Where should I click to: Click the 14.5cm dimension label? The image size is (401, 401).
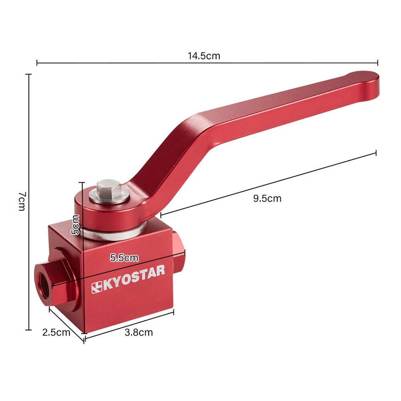(204, 56)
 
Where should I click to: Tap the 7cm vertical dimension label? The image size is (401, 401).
(22, 201)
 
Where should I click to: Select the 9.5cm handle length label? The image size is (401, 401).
(267, 198)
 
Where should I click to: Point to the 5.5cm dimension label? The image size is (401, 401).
(124, 258)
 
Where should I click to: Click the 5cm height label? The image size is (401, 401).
(75, 224)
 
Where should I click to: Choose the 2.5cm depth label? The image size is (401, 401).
(56, 332)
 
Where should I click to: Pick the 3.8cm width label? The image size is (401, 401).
(139, 332)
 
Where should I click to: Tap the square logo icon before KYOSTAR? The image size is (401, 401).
(97, 287)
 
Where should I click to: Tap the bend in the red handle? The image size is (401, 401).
(192, 125)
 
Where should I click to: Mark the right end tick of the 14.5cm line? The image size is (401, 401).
(378, 63)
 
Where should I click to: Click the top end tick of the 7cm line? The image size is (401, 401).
(28, 74)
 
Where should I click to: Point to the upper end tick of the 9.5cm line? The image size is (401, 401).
(376, 153)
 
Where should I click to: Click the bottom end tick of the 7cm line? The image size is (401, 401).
(28, 330)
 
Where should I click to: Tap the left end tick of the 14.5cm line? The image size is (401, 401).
(37, 63)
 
